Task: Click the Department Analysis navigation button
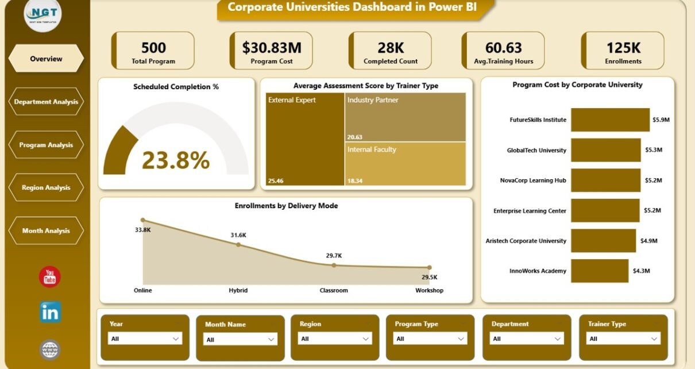click(x=46, y=102)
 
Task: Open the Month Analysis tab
click(x=46, y=230)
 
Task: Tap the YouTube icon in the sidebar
click(x=50, y=277)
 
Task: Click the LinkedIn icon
click(x=50, y=312)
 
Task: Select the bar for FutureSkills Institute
click(x=609, y=120)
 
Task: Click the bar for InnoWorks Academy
click(x=599, y=271)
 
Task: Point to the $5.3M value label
click(x=653, y=150)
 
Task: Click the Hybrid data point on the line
click(x=238, y=245)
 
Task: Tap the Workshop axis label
click(x=429, y=290)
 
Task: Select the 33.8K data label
click(x=142, y=230)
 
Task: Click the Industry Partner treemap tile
click(x=405, y=117)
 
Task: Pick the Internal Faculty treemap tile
click(x=405, y=164)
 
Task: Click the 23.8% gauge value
click(x=176, y=161)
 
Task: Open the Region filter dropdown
click(x=334, y=339)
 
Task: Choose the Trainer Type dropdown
click(x=623, y=339)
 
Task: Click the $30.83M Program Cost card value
click(x=272, y=47)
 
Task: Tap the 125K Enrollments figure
click(x=623, y=47)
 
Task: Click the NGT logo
click(x=43, y=14)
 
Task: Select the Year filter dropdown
click(x=145, y=339)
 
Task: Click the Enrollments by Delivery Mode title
click(x=286, y=206)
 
